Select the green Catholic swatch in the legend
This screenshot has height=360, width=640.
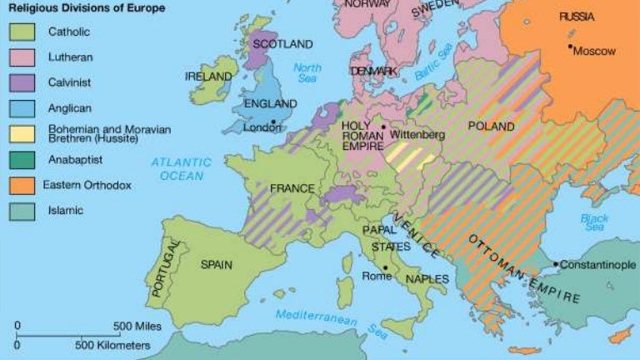pyautogui.click(x=22, y=32)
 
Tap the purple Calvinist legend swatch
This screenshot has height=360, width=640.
pyautogui.click(x=22, y=82)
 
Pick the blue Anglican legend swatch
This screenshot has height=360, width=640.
pyautogui.click(x=22, y=108)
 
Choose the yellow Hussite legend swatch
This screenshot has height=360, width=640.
pyautogui.click(x=22, y=134)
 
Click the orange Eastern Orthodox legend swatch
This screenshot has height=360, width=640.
pyautogui.click(x=22, y=185)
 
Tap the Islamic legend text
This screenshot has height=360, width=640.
pyautogui.click(x=66, y=211)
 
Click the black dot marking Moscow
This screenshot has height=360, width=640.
pyautogui.click(x=571, y=47)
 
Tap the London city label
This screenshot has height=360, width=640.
pyautogui.click(x=262, y=128)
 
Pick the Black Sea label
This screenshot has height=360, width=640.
pyautogui.click(x=594, y=222)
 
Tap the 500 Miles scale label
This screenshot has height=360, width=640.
pyautogui.click(x=138, y=326)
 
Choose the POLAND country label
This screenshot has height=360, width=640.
pyautogui.click(x=492, y=127)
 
